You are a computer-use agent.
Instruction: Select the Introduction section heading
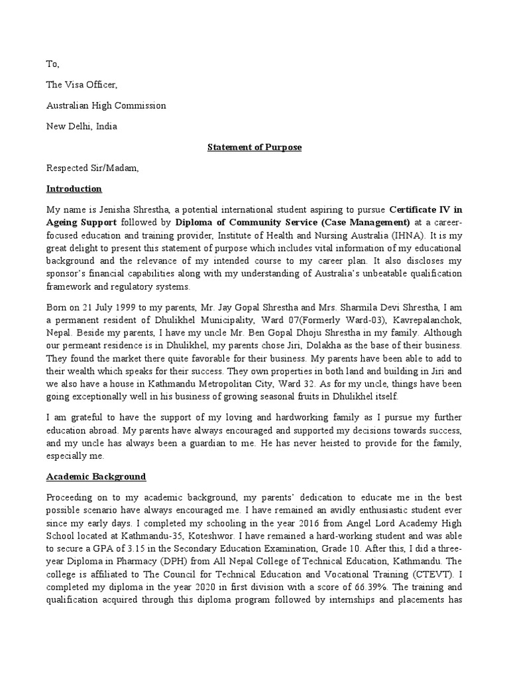74,189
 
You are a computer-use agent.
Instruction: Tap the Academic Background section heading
96,477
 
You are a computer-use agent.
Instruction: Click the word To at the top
52,64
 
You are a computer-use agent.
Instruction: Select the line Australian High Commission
106,105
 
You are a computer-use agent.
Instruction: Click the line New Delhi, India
85,126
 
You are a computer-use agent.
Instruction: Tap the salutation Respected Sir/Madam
93,168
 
